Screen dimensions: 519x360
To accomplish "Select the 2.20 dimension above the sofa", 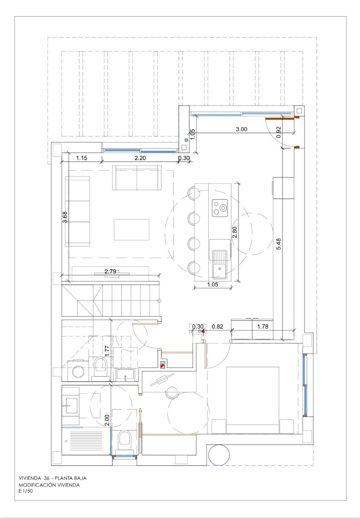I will click(140, 158).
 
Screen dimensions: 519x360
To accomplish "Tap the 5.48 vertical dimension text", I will click(279, 244).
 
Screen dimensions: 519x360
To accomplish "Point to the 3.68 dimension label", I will click(65, 216).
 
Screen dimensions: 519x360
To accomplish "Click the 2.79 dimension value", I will click(111, 272).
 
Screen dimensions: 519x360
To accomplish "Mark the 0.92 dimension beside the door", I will click(278, 132).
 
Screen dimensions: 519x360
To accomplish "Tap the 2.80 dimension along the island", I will click(235, 233).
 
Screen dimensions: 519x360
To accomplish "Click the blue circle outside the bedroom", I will click(219, 455).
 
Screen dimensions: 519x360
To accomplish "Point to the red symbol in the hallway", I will click(162, 365).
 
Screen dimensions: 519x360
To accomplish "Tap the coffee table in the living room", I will click(131, 229).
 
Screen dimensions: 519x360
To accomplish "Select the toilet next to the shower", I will click(124, 439).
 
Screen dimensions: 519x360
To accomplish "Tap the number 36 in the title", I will click(46, 478).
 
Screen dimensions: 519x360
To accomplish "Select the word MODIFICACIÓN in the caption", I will click(36, 485).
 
